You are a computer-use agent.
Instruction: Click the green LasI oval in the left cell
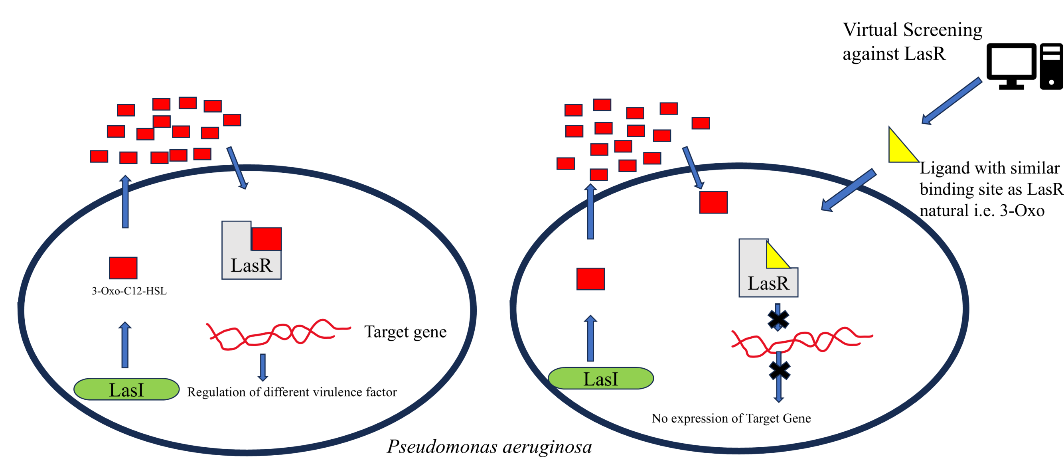click(x=126, y=389)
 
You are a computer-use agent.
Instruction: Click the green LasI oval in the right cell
click(x=600, y=378)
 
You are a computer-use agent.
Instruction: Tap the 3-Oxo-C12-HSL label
click(x=129, y=291)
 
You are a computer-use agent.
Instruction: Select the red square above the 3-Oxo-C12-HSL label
click(x=123, y=268)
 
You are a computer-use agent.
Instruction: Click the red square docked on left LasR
click(x=266, y=239)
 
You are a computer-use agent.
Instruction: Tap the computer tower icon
click(x=1051, y=66)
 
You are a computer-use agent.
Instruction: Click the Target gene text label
click(x=405, y=332)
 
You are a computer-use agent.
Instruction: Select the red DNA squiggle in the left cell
click(x=277, y=334)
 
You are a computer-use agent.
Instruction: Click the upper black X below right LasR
click(x=778, y=319)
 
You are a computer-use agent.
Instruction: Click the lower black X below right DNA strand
click(x=780, y=370)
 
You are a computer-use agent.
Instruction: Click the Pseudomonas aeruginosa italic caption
click(x=490, y=446)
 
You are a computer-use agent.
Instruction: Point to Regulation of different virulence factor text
click(x=292, y=392)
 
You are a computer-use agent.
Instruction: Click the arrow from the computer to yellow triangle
click(x=951, y=101)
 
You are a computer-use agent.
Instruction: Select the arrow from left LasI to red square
click(x=125, y=345)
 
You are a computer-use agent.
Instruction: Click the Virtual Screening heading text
click(x=912, y=41)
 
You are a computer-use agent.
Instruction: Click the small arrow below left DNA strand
click(x=263, y=367)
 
